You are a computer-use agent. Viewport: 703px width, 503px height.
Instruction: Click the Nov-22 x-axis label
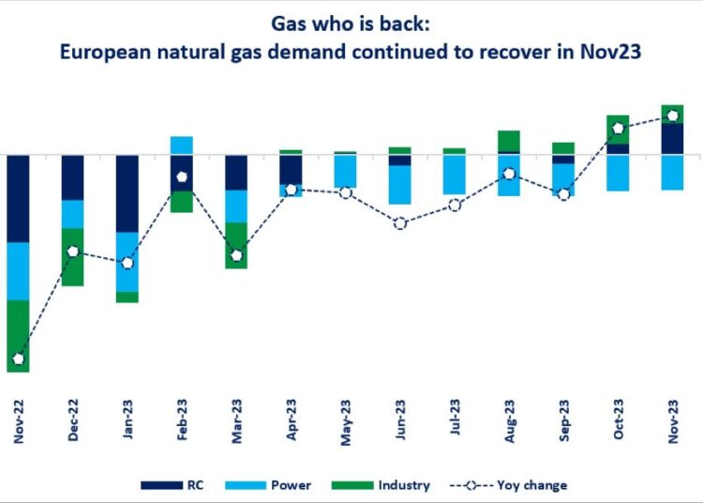click(19, 420)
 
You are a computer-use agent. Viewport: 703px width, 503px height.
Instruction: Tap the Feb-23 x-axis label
click(182, 420)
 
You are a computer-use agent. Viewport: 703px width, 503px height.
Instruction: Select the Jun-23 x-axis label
click(400, 420)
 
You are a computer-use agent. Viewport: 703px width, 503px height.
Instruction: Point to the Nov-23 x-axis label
click(672, 420)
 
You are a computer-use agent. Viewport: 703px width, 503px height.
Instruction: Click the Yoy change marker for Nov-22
click(19, 359)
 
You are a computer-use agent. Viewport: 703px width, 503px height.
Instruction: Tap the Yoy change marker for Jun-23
click(400, 223)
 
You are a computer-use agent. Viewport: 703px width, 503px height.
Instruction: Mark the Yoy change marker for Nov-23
click(672, 116)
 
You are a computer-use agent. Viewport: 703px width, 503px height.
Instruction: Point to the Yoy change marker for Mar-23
click(236, 255)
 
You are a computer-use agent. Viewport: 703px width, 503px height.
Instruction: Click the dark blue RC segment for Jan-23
click(127, 193)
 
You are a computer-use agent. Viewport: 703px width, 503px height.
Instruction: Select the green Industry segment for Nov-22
click(19, 336)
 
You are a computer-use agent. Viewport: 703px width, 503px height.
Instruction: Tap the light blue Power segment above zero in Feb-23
click(182, 145)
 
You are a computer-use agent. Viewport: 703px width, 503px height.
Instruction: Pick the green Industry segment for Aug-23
click(509, 141)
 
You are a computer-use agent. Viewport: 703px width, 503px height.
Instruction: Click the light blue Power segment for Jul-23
click(455, 175)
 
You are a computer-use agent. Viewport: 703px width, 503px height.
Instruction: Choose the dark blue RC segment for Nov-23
click(672, 139)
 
